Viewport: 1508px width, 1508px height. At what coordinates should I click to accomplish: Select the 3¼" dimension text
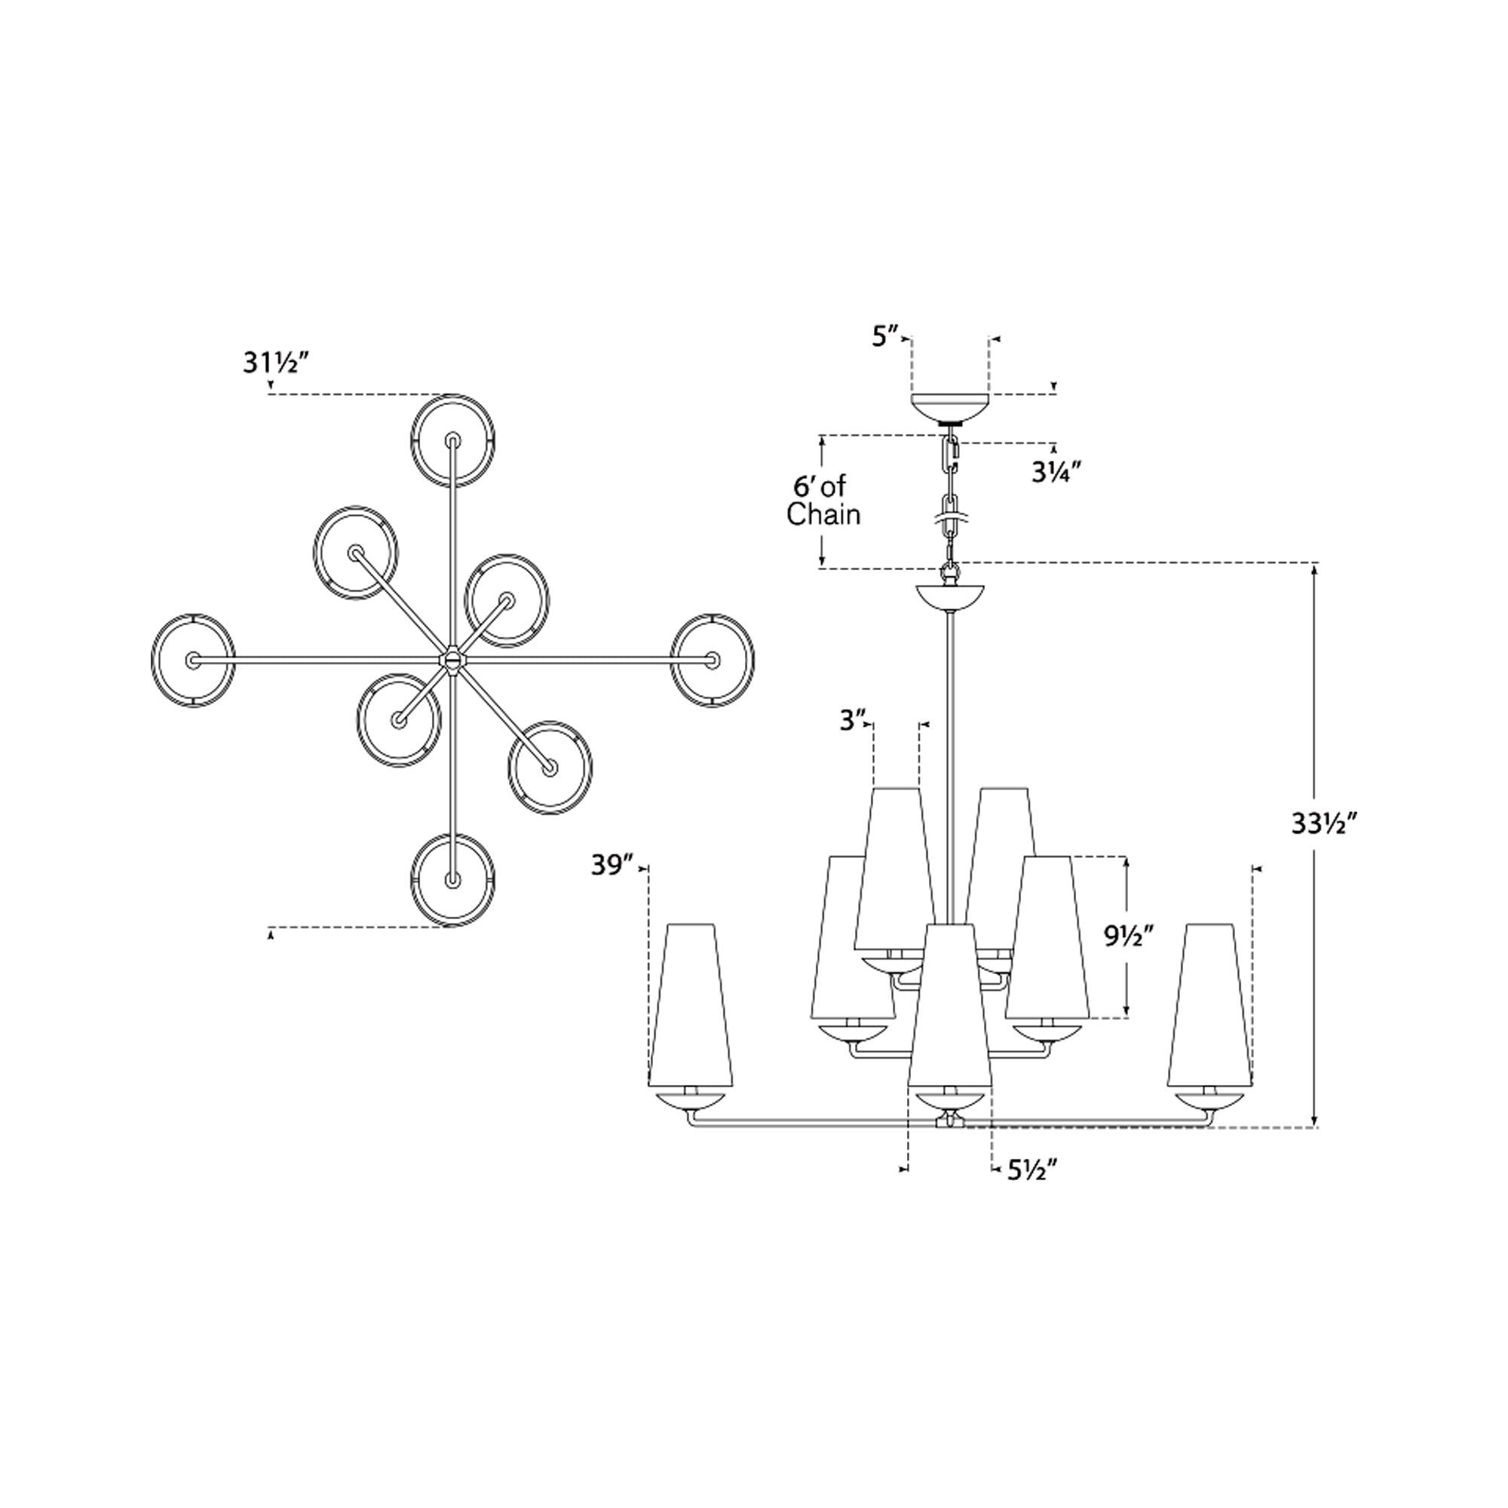click(1056, 472)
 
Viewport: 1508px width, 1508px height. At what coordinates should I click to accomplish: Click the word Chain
click(823, 515)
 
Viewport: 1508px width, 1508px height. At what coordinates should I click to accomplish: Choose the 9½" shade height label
click(1129, 936)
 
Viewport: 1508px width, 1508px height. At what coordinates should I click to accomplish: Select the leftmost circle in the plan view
click(192, 660)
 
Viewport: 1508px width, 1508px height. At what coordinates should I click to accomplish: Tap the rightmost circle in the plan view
click(712, 660)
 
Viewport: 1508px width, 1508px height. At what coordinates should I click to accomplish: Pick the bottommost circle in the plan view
click(452, 881)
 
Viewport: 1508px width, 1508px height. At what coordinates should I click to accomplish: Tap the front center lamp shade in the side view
click(949, 1007)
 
